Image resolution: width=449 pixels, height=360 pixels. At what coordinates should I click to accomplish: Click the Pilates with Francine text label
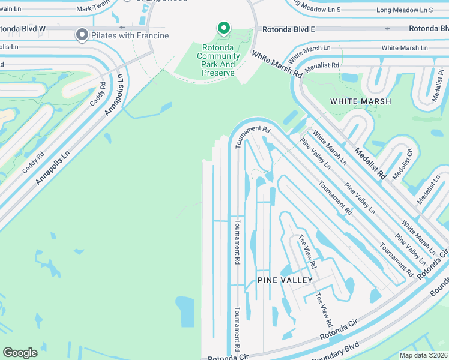(130, 35)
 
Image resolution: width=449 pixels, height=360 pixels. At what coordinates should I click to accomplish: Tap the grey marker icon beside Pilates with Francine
(82, 35)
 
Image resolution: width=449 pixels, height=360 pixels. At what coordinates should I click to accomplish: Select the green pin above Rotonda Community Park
(223, 28)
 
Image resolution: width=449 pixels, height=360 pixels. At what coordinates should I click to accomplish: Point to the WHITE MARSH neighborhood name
(361, 101)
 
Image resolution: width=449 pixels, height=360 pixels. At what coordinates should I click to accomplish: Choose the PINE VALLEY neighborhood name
(285, 280)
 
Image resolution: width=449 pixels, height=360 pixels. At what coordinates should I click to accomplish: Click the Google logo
(20, 353)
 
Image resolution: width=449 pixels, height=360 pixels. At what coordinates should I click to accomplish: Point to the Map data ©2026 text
(423, 355)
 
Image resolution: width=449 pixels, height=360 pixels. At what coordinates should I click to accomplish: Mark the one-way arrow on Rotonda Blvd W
(122, 28)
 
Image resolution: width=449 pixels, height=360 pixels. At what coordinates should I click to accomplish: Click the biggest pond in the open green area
(186, 312)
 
